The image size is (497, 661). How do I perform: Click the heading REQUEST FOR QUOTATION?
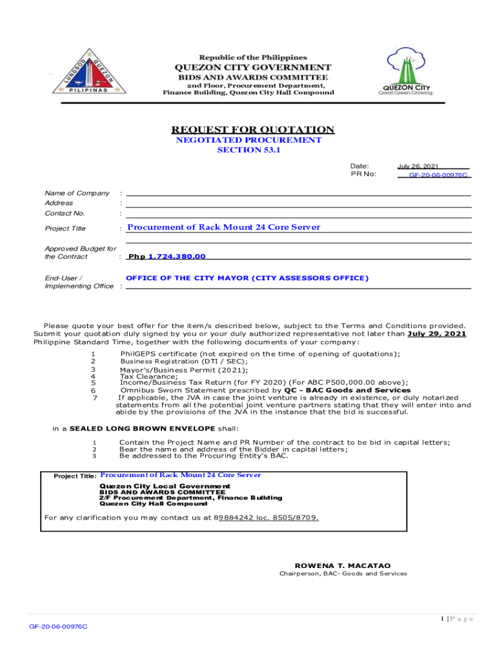click(x=249, y=130)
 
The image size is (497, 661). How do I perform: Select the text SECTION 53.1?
click(x=249, y=150)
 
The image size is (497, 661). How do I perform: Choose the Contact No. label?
click(x=65, y=213)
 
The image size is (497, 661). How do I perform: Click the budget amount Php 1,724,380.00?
click(x=167, y=256)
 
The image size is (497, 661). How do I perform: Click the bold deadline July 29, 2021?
click(x=437, y=334)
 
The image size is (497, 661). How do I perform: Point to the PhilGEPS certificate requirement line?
click(x=260, y=354)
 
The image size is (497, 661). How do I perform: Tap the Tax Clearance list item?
click(x=148, y=376)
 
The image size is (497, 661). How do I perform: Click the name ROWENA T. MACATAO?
click(x=343, y=565)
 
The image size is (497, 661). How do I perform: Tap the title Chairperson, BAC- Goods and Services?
click(x=343, y=574)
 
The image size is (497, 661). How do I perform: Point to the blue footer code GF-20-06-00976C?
click(x=58, y=627)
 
